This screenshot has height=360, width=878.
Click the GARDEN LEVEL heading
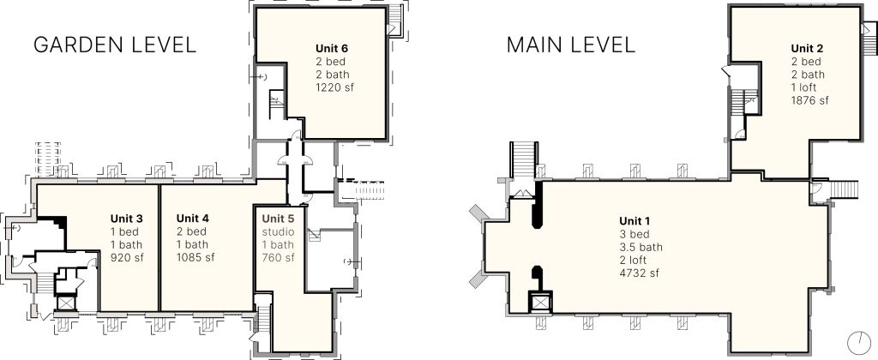pos(115,45)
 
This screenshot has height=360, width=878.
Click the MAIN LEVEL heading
pos(571,45)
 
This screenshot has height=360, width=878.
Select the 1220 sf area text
pos(335,87)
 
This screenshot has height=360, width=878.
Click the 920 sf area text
pos(127,257)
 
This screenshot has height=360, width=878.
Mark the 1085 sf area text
pos(195,257)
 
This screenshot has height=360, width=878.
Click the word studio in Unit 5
pos(279,231)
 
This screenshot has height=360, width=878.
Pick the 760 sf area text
pos(279,257)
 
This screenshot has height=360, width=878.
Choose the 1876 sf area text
pos(810,101)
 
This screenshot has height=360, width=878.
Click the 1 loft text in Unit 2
pos(804,88)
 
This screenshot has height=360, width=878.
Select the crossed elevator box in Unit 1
pos(541,303)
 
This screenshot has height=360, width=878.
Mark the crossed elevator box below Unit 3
pos(66,303)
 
